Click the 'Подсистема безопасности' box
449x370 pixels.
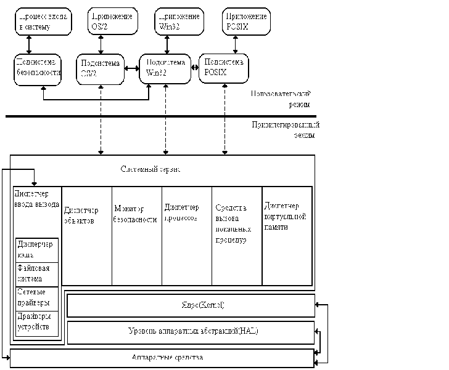38,68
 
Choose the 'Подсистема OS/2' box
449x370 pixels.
99,68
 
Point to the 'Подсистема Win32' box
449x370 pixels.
163,68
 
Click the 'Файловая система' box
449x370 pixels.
36,273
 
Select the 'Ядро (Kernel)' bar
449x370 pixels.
191,305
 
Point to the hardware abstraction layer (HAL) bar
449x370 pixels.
191,332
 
